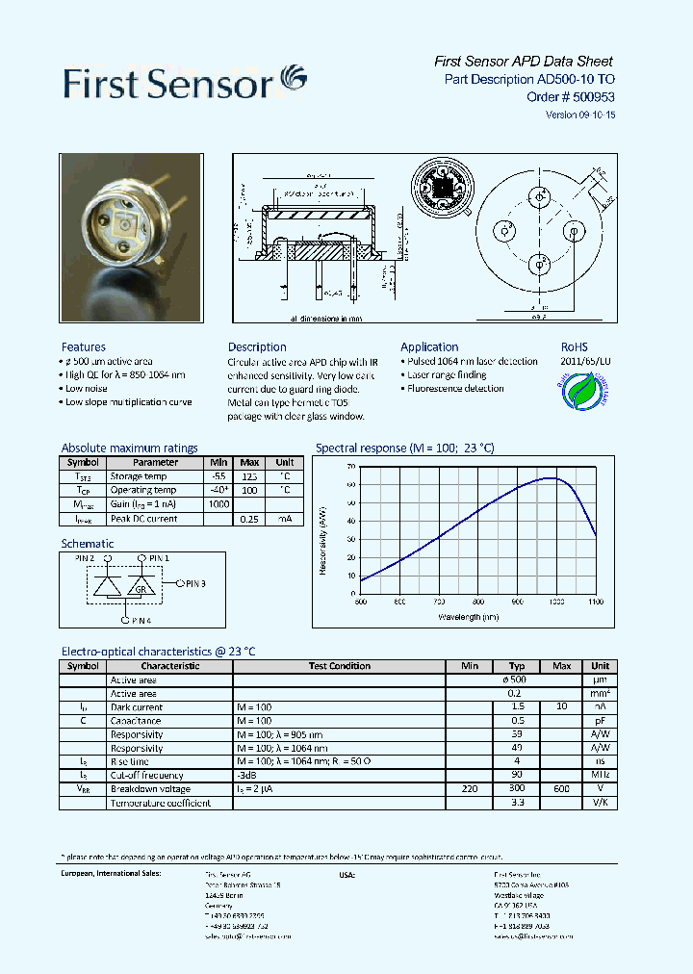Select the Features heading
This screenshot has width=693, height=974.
(x=84, y=346)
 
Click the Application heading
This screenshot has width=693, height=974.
(x=429, y=346)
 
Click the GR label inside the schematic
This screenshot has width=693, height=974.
(x=141, y=588)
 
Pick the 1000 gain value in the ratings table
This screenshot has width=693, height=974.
(x=219, y=504)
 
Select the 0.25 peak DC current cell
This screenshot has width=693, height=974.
(x=250, y=519)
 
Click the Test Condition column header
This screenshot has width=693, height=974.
(x=339, y=666)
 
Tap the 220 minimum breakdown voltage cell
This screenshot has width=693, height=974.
(x=469, y=789)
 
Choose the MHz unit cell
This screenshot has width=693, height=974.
(x=600, y=775)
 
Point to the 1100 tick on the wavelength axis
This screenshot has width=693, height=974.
(x=596, y=602)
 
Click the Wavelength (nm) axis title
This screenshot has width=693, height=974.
(x=469, y=617)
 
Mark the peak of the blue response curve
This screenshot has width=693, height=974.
(x=552, y=477)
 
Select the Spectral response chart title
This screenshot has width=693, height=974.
(x=404, y=448)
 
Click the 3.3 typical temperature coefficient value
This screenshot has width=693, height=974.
(x=517, y=803)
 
